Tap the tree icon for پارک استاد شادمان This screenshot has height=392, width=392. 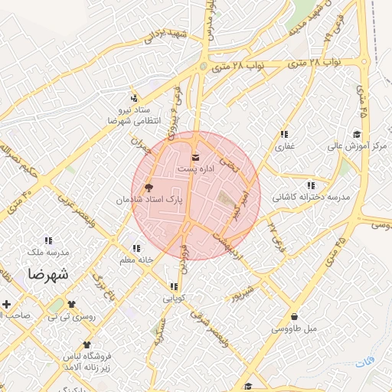pyautogui.click(x=149, y=187)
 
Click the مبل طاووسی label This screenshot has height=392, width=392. pyautogui.click(x=294, y=329)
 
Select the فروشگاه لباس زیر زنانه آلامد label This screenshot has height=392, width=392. pyautogui.click(x=84, y=362)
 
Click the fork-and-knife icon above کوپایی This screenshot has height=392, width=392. pyautogui.click(x=174, y=288)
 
